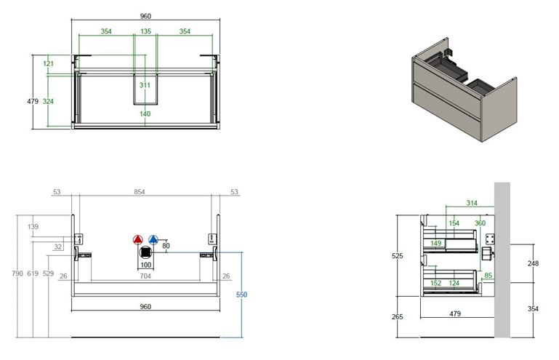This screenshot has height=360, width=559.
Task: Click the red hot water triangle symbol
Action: pyautogui.click(x=138, y=240)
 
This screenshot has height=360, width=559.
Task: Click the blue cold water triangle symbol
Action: pyautogui.click(x=153, y=240)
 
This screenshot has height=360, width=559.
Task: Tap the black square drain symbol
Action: pyautogui.click(x=145, y=252)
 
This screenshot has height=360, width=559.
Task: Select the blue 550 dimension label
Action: pyautogui.click(x=242, y=295)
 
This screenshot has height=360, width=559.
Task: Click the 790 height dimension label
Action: pyautogui.click(x=17, y=273)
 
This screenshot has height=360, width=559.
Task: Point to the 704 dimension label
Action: pyautogui.click(x=145, y=276)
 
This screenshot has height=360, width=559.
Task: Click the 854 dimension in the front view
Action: pyautogui.click(x=140, y=192)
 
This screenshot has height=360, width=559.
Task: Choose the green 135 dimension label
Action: pyautogui.click(x=145, y=31)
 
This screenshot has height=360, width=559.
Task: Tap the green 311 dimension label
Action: pyautogui.click(x=145, y=85)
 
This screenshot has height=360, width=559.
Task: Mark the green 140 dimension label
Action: pyautogui.click(x=145, y=113)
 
